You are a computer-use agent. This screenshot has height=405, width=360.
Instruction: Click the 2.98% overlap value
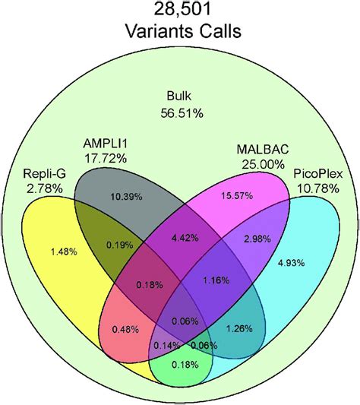pyautogui.click(x=257, y=240)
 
